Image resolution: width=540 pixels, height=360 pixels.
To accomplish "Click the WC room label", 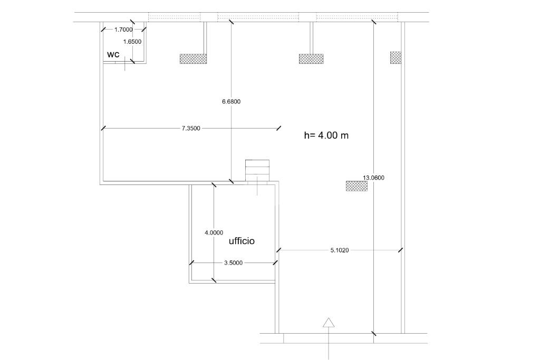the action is click(x=113, y=55).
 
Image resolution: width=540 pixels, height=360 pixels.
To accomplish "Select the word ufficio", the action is click(x=242, y=241).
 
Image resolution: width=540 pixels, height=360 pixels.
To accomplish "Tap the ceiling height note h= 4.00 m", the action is click(x=326, y=135).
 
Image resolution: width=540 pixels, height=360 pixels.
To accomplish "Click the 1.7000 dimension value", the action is click(x=123, y=30).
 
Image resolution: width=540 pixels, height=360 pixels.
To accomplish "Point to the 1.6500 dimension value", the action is click(x=132, y=42).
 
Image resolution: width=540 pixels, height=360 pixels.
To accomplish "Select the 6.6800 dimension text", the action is click(x=232, y=102).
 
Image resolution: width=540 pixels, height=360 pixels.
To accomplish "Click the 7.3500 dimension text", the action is click(x=191, y=129).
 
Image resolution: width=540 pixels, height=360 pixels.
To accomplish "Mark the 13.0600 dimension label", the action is click(x=374, y=178).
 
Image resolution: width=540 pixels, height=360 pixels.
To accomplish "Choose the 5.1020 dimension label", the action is click(x=340, y=250).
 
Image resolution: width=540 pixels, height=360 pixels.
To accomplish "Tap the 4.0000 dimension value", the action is click(x=214, y=232).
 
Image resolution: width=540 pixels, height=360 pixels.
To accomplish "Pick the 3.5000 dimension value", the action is click(x=234, y=262).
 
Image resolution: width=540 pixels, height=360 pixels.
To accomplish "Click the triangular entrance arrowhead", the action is click(x=329, y=323).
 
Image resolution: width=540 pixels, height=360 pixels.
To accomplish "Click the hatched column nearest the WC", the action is click(x=193, y=59).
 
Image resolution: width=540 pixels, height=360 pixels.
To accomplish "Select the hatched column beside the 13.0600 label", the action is click(x=357, y=186).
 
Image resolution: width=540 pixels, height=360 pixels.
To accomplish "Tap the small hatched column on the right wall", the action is click(x=396, y=57).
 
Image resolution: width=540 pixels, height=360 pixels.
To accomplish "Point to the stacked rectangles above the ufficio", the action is click(x=257, y=170).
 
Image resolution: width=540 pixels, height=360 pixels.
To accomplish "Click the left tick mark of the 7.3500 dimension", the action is click(x=103, y=128).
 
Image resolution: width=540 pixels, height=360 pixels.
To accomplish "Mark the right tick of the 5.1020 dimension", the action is click(x=401, y=250).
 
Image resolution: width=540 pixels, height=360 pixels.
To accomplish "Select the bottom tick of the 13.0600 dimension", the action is click(x=374, y=333).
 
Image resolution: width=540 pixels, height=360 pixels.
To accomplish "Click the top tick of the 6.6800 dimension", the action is click(x=231, y=22).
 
